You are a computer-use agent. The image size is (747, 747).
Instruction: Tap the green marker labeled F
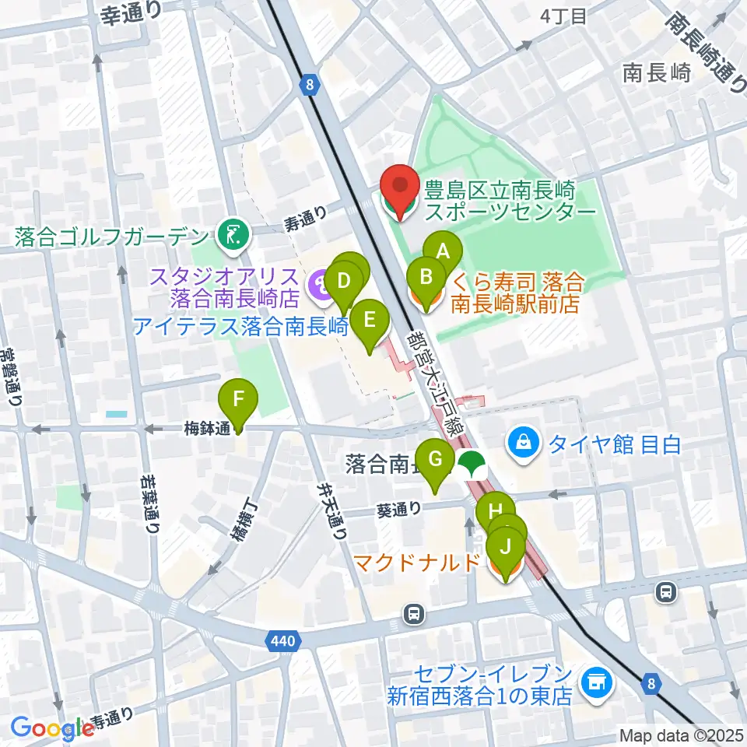239,402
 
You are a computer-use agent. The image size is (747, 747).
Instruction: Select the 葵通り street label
399,510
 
